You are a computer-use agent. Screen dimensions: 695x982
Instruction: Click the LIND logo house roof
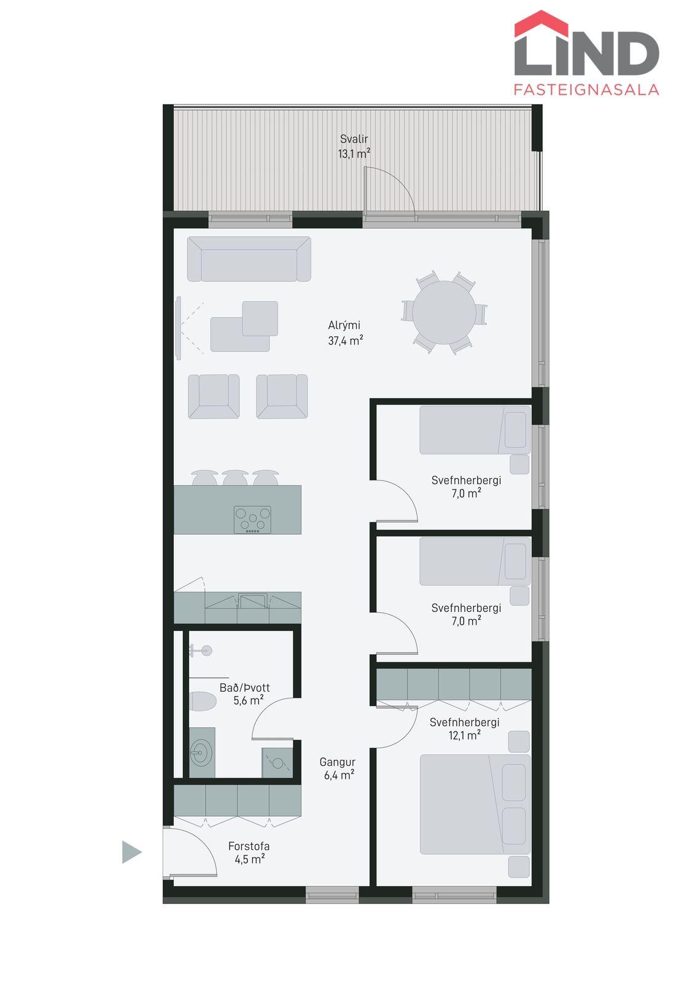point(542,23)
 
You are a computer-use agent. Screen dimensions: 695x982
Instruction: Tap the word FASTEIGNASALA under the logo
point(586,90)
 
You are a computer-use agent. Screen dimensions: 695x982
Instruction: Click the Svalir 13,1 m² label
point(354,146)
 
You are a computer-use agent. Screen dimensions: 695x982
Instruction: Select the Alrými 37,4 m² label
point(345,333)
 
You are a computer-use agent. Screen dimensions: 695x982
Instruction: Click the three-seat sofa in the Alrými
point(249,258)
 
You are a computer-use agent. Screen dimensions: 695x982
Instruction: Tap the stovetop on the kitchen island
point(252,519)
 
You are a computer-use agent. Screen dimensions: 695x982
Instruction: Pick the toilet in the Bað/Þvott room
point(203,702)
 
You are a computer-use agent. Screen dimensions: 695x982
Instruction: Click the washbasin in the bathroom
point(202,753)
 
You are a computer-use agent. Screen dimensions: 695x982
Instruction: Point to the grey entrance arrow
point(131,852)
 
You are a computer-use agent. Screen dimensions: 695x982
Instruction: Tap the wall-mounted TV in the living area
point(179,328)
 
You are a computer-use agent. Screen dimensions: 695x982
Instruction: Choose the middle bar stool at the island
point(235,478)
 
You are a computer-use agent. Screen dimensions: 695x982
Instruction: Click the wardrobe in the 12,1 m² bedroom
point(454,684)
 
